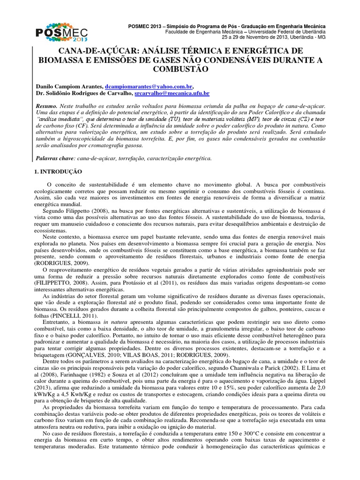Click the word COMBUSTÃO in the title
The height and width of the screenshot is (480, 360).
[x=180, y=69]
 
